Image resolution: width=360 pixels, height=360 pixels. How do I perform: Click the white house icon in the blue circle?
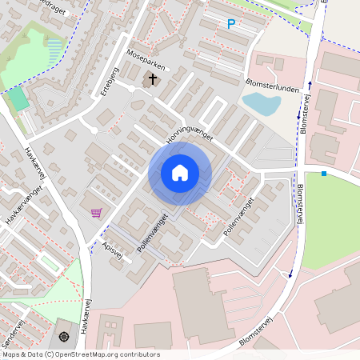click(180, 173)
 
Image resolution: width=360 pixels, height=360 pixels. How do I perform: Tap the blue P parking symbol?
click(231, 25)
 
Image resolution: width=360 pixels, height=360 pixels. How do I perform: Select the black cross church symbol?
click(151, 79)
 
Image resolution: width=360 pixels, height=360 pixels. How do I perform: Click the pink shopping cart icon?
click(97, 212)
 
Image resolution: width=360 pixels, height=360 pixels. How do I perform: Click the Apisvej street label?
click(114, 250)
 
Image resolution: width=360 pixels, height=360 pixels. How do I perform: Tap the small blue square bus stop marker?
click(324, 174)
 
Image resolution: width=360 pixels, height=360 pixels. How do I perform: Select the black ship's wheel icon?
click(64, 334)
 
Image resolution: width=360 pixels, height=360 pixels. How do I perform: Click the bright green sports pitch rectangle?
click(18, 100)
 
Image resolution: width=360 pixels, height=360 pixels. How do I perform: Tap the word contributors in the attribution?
click(141, 354)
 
